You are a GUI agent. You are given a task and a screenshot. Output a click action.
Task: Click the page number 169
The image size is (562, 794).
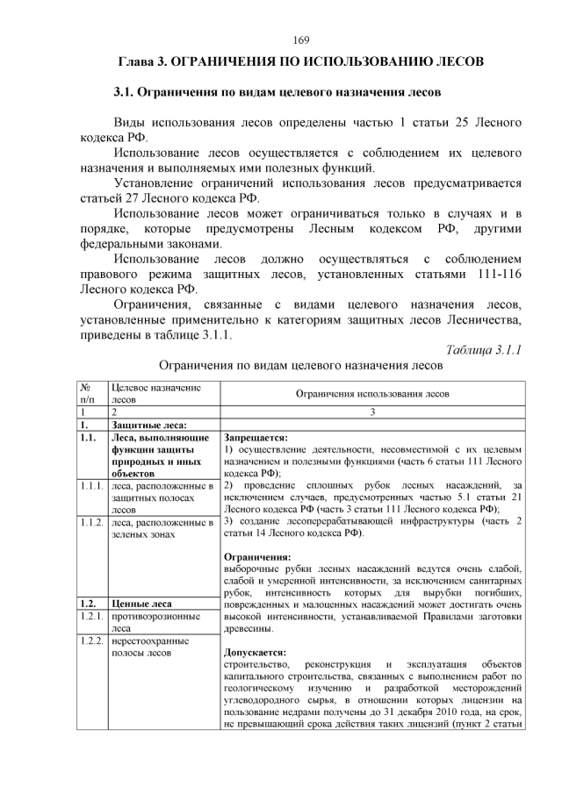[300, 39]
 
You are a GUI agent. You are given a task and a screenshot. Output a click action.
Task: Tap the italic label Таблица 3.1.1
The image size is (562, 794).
[484, 349]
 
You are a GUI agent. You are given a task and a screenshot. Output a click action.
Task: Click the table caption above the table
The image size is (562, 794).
[300, 365]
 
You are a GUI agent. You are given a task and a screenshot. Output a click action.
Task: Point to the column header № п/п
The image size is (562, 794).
[89, 392]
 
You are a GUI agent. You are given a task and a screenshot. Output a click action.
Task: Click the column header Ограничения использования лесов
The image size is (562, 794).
[372, 393]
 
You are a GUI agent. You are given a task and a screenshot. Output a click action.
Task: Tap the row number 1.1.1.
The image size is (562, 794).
[91, 485]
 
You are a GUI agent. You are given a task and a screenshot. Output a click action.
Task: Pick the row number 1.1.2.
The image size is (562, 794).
[91, 522]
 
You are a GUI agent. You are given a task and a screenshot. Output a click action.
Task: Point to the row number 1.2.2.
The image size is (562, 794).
[91, 640]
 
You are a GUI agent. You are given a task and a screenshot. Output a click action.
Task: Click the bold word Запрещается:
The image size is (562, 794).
[256, 437]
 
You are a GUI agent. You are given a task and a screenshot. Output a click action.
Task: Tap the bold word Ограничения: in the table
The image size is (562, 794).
[257, 556]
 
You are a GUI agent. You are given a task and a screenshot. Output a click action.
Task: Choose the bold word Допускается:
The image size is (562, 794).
[256, 652]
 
